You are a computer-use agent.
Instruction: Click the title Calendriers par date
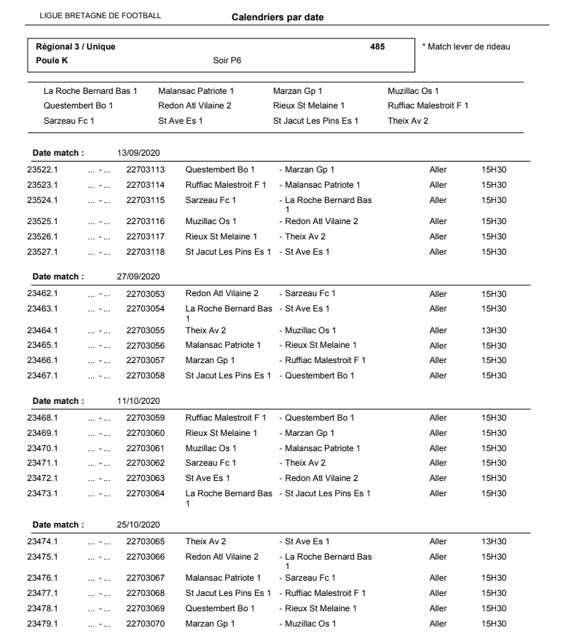pos(277,17)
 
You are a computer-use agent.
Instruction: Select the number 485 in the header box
pos(377,47)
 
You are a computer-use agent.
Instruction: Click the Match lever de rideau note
pos(466,47)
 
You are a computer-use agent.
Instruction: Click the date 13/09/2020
pos(138,154)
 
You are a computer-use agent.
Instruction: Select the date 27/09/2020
pos(138,277)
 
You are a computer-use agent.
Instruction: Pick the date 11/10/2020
pos(138,401)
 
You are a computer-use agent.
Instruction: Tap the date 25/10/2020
pos(138,525)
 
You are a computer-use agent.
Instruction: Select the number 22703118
pos(146,253)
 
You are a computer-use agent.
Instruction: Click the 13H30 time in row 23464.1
pos(494,330)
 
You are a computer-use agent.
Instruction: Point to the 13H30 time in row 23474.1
pos(494,541)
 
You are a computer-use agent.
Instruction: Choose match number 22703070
pos(146,624)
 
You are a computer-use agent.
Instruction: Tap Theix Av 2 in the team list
pos(409,120)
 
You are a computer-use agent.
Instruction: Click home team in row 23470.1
pos(211,448)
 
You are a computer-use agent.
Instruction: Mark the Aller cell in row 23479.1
pos(438,624)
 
